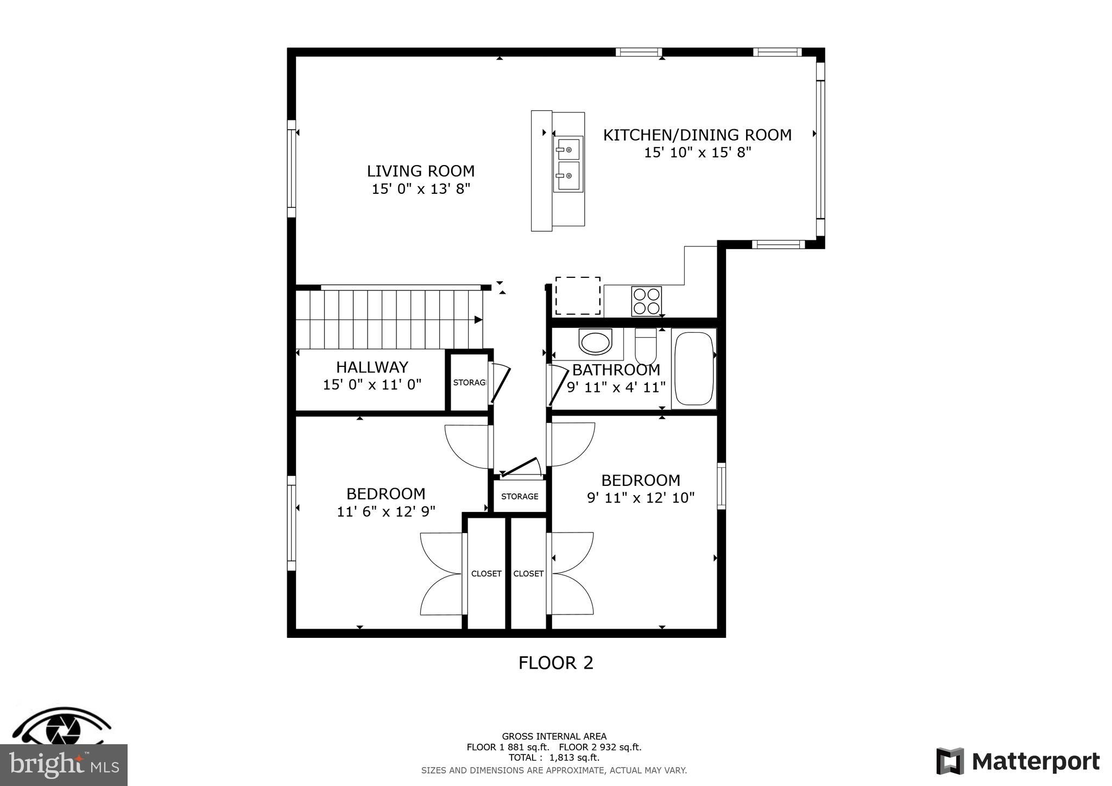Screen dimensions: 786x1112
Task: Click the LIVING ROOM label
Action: tap(420, 171)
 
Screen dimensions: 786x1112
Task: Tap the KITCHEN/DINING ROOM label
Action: tap(697, 135)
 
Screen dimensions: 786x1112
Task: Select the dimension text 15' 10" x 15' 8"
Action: tap(697, 153)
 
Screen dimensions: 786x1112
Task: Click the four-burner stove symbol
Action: tap(646, 301)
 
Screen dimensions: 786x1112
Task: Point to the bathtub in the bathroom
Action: tap(693, 369)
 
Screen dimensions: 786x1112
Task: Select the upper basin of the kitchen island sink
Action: tap(568, 148)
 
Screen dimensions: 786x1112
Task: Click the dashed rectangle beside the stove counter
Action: tap(577, 296)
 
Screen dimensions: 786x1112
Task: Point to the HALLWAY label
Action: tap(372, 367)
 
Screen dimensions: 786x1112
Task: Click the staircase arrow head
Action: tap(478, 320)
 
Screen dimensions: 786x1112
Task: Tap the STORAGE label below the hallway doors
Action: tap(520, 497)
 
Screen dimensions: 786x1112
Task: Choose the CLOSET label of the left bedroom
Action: tap(486, 574)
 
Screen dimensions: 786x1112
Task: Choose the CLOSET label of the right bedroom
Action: tap(528, 574)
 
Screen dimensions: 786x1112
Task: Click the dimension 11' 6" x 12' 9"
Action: tap(386, 511)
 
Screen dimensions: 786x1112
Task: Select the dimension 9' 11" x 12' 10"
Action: tap(641, 498)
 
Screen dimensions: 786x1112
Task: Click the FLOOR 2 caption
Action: tap(555, 663)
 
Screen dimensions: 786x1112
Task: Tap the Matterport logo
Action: tap(1018, 762)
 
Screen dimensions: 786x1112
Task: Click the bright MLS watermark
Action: tap(64, 765)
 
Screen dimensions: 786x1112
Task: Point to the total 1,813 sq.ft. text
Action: tap(554, 758)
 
